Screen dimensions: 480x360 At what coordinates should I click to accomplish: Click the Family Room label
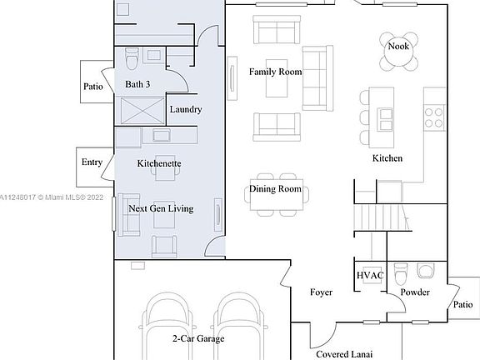[x=275, y=72]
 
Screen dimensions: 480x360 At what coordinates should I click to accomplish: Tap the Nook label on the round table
[x=398, y=46]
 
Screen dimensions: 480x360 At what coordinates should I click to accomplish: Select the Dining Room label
[x=275, y=188]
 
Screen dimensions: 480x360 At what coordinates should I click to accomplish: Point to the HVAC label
[x=370, y=275]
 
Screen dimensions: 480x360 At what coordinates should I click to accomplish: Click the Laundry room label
[x=186, y=109]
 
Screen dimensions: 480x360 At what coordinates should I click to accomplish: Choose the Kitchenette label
[x=159, y=163]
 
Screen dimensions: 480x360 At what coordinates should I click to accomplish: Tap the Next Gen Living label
[x=161, y=208]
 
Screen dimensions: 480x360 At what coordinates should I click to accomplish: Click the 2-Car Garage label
[x=198, y=338]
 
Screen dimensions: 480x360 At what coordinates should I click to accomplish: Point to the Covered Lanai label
[x=344, y=354]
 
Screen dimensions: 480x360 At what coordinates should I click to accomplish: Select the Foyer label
[x=321, y=292]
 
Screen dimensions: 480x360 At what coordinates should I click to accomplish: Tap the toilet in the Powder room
[x=401, y=273]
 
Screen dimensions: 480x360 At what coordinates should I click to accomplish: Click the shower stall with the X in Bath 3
[x=142, y=111]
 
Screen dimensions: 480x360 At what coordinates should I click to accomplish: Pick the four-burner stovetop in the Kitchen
[x=434, y=117]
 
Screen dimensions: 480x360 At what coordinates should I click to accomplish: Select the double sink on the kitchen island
[x=385, y=119]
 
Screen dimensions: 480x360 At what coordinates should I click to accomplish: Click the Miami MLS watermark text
[x=51, y=197]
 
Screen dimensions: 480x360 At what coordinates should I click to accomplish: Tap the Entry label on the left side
[x=92, y=162]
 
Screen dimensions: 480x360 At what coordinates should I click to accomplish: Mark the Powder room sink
[x=426, y=270]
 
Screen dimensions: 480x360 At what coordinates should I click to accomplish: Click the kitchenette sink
[x=162, y=135]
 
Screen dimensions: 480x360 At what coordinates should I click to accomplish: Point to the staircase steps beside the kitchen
[x=382, y=217]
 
